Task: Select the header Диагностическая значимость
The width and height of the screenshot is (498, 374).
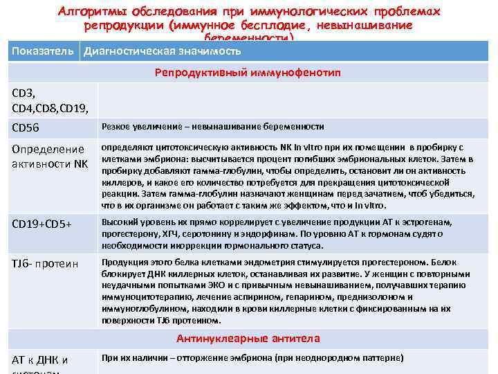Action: [x=163, y=52]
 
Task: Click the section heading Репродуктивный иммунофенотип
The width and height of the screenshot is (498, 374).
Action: [x=248, y=72]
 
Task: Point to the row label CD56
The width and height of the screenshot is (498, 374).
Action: [x=27, y=127]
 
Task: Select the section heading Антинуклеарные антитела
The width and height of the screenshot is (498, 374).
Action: [x=248, y=339]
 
